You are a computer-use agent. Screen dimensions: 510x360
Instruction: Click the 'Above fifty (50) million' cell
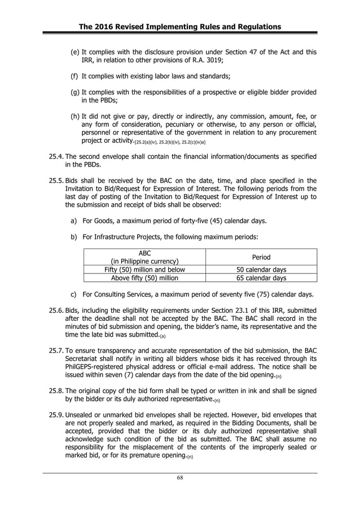point(144,278)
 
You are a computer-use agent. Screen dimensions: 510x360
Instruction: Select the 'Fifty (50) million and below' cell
point(144,269)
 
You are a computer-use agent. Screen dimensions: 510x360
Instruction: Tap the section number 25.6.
point(56,310)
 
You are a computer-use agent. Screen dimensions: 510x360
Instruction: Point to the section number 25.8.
point(56,391)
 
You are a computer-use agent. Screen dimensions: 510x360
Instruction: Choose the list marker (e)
point(74,53)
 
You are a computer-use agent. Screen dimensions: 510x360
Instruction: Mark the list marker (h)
point(74,116)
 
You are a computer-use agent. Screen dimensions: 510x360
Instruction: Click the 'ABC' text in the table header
point(144,253)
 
